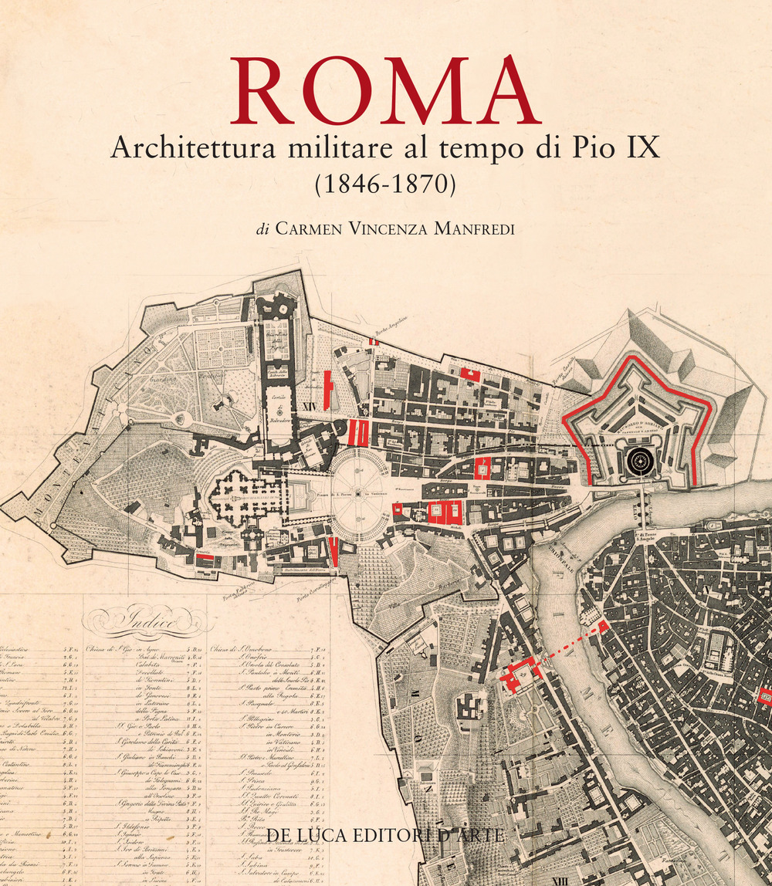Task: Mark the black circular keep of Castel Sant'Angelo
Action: coord(639,462)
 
